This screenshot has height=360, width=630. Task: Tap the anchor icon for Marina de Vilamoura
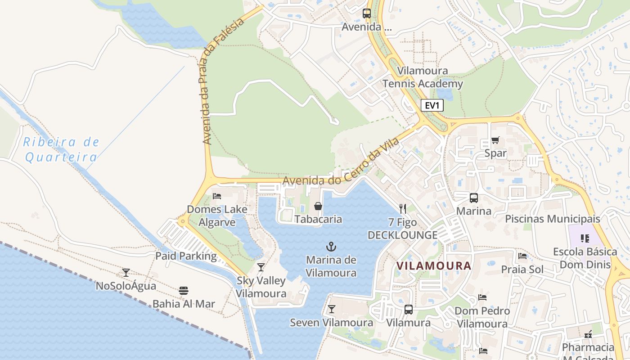pyautogui.click(x=331, y=247)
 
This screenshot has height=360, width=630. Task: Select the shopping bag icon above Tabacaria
pyautogui.click(x=318, y=206)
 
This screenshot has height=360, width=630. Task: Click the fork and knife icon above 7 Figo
pyautogui.click(x=403, y=208)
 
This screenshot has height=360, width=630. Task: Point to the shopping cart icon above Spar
pyautogui.click(x=495, y=140)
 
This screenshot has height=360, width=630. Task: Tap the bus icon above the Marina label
pyautogui.click(x=474, y=198)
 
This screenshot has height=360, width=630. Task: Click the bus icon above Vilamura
pyautogui.click(x=408, y=310)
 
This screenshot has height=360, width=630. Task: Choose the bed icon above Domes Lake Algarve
pyautogui.click(x=217, y=196)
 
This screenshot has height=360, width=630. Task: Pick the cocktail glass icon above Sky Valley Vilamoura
pyautogui.click(x=261, y=267)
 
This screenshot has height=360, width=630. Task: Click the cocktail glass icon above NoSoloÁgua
pyautogui.click(x=126, y=272)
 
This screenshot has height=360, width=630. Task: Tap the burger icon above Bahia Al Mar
pyautogui.click(x=184, y=290)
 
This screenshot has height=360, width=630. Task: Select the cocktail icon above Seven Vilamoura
pyautogui.click(x=332, y=309)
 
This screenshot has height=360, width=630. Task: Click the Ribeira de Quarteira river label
pyautogui.click(x=61, y=150)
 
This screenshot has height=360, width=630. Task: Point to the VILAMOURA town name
pyautogui.click(x=434, y=266)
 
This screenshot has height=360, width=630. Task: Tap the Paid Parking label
pyautogui.click(x=186, y=256)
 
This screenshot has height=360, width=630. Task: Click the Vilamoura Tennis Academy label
pyautogui.click(x=423, y=77)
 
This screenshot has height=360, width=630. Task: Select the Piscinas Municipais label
pyautogui.click(x=553, y=219)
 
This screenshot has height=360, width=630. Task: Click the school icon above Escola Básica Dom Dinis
pyautogui.click(x=585, y=238)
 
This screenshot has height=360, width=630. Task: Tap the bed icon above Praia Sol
pyautogui.click(x=522, y=256)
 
